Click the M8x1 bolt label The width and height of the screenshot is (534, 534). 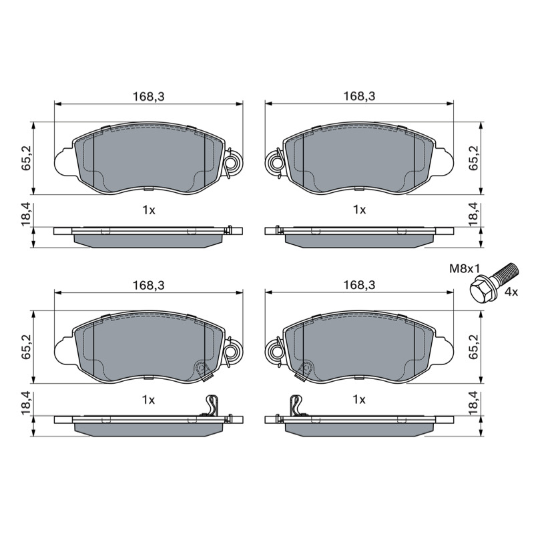pyautogui.click(x=465, y=269)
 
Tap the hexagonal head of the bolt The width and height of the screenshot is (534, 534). pyautogui.click(x=481, y=290)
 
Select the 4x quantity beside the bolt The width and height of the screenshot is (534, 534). pyautogui.click(x=511, y=292)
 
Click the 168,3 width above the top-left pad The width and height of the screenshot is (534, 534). pyautogui.click(x=148, y=96)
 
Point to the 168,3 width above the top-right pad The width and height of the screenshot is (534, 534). pyautogui.click(x=359, y=96)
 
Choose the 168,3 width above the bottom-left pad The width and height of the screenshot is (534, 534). pyautogui.click(x=148, y=285)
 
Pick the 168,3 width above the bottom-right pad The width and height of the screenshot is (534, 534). pyautogui.click(x=359, y=285)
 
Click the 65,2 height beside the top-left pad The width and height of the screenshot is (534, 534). pyautogui.click(x=27, y=158)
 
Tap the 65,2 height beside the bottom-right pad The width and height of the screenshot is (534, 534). pyautogui.click(x=473, y=346)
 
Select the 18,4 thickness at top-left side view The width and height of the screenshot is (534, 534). pyautogui.click(x=27, y=214)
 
